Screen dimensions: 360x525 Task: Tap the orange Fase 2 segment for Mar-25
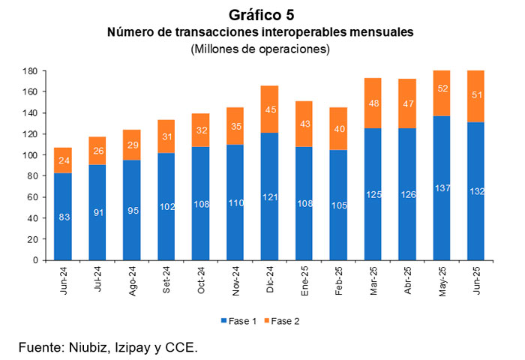373,103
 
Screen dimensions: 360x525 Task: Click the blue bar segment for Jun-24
64,217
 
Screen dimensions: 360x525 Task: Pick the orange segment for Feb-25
339,129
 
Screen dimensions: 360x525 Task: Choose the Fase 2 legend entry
284,320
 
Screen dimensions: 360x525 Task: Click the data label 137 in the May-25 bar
442,187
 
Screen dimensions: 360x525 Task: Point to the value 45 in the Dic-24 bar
270,110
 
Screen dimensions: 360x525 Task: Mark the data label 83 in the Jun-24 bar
64,217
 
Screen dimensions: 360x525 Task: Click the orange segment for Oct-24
201,130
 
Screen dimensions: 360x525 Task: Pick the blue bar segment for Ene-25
304,203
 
